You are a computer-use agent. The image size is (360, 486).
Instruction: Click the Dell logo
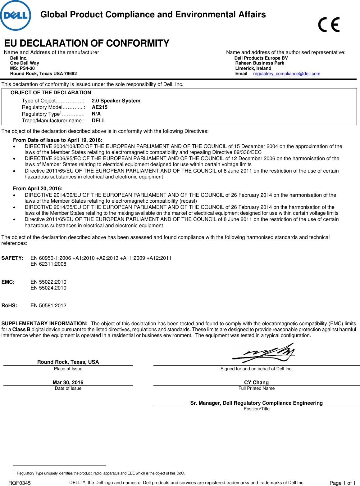click(16, 16)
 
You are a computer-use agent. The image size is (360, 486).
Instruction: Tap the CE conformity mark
click(329, 25)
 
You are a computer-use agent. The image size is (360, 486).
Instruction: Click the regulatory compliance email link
click(286, 74)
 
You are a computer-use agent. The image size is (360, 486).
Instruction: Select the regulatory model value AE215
click(100, 107)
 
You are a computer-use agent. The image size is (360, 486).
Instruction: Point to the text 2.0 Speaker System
click(116, 101)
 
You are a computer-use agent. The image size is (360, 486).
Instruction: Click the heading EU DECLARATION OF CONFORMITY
click(87, 43)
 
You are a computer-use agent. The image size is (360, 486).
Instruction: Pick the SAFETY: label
click(12, 258)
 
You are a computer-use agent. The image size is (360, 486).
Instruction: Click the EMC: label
click(8, 282)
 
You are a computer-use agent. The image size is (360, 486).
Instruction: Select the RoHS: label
click(9, 306)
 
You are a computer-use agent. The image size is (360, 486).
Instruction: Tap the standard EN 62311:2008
click(48, 264)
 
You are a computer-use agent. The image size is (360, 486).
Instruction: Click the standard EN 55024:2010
click(48, 288)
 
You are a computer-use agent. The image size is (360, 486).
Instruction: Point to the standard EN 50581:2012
click(48, 306)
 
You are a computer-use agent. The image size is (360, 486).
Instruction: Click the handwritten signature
click(264, 353)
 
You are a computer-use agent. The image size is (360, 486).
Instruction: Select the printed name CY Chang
click(256, 383)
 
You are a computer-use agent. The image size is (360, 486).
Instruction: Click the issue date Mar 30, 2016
click(68, 383)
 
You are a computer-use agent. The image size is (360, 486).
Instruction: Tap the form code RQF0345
click(20, 483)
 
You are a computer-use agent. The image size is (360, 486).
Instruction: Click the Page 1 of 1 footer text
click(342, 483)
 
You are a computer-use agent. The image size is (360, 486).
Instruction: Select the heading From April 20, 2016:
click(38, 189)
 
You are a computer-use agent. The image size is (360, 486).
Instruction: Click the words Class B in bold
click(21, 330)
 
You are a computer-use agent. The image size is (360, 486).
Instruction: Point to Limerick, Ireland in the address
click(253, 69)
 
